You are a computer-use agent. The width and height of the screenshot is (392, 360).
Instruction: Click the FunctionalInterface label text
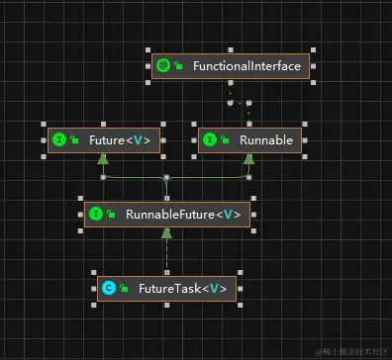pyautogui.click(x=247, y=66)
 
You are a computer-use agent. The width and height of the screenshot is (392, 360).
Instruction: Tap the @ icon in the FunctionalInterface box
pyautogui.click(x=163, y=66)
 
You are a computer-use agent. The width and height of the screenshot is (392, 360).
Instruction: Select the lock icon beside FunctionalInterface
pyautogui.click(x=178, y=66)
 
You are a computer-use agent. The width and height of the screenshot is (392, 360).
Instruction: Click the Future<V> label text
pyautogui.click(x=119, y=140)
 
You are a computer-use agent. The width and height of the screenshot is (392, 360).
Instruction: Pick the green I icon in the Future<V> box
pyautogui.click(x=58, y=140)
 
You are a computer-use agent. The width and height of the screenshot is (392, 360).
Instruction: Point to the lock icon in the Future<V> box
pyautogui.click(x=73, y=140)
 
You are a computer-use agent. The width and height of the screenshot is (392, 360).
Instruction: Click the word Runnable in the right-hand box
pyautogui.click(x=265, y=140)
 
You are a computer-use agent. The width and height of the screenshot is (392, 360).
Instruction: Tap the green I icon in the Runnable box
pyautogui.click(x=209, y=140)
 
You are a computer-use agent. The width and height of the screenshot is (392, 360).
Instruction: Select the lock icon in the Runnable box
pyautogui.click(x=224, y=140)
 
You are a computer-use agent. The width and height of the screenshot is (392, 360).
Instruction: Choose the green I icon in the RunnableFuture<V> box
pyautogui.click(x=95, y=214)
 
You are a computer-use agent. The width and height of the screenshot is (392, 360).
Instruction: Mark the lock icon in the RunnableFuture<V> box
pyautogui.click(x=110, y=214)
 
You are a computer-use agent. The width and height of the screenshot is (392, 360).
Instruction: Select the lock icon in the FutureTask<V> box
pyautogui.click(x=123, y=288)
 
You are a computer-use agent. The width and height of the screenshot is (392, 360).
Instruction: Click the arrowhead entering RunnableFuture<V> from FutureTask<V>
pyautogui.click(x=166, y=233)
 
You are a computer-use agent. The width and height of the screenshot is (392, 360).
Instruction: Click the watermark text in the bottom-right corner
pyautogui.click(x=350, y=351)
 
